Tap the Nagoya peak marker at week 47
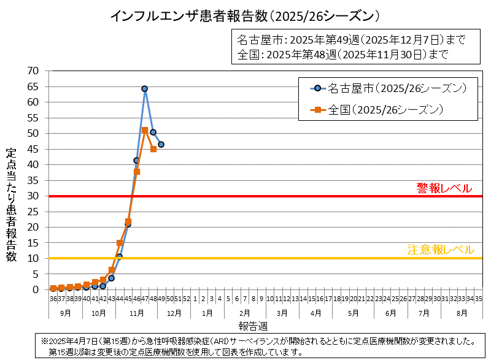click(x=145, y=88)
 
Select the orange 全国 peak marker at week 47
click(x=145, y=130)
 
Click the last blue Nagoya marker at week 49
click(x=161, y=145)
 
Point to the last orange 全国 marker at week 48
click(x=153, y=149)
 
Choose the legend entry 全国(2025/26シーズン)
click(x=385, y=110)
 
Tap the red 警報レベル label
click(x=444, y=188)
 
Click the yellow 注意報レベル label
click(x=441, y=250)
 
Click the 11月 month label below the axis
click(x=136, y=312)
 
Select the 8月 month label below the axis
click(x=462, y=312)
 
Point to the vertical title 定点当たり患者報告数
click(x=12, y=205)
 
